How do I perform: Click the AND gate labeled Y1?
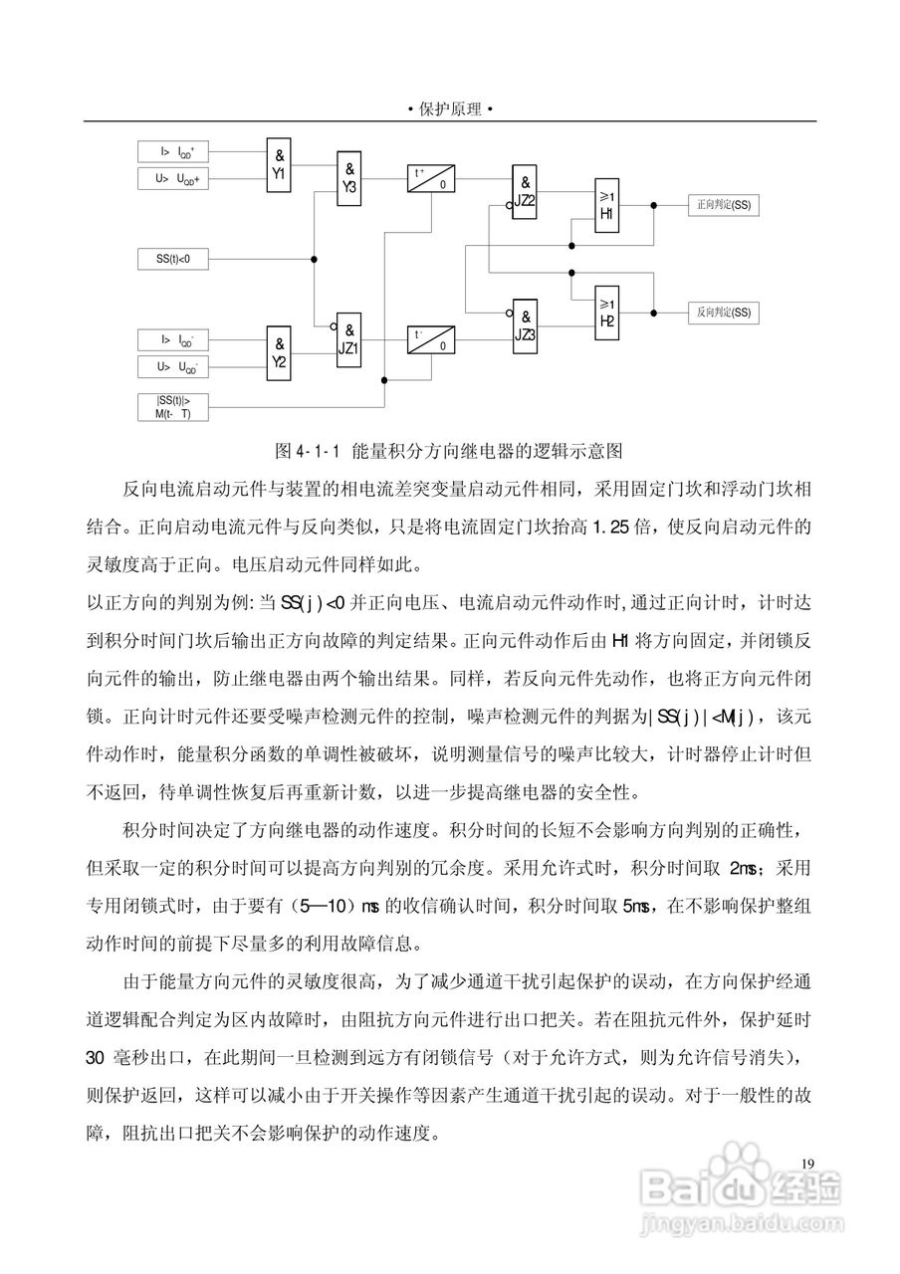[280, 164]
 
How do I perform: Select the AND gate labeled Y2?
[280, 349]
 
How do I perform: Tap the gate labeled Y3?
[349, 178]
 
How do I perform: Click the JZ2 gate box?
[525, 191]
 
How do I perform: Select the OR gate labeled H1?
[607, 206]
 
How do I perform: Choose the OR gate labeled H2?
[607, 311]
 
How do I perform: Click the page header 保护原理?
[450, 109]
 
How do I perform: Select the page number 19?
[807, 1164]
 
